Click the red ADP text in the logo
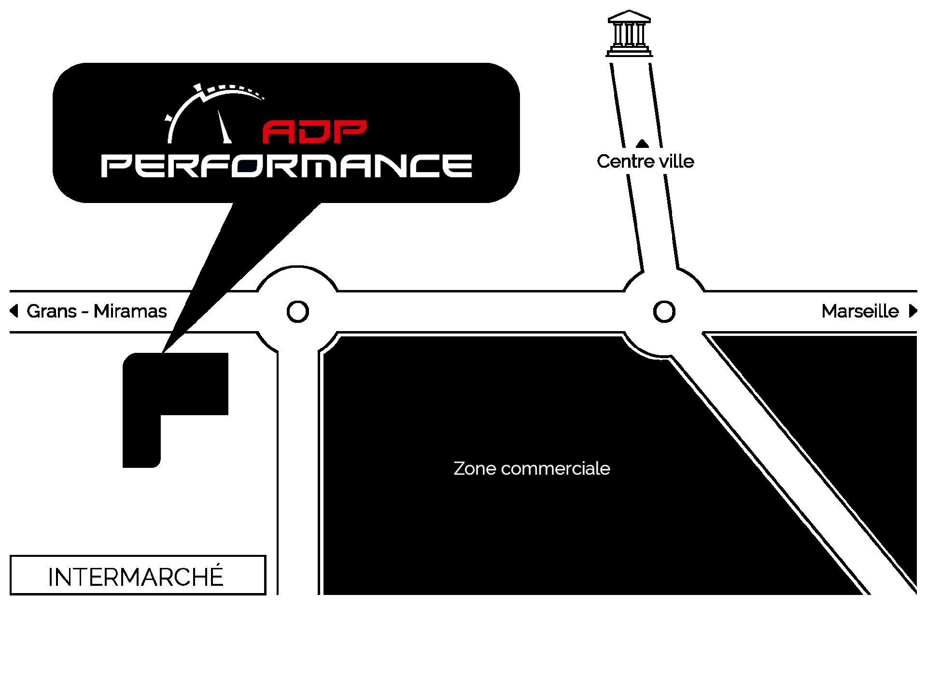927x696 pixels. (314, 132)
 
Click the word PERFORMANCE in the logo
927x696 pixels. (286, 166)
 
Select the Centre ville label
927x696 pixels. (645, 161)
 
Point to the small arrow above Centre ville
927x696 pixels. (642, 143)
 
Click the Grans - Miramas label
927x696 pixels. (97, 311)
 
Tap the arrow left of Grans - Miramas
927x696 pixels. (14, 311)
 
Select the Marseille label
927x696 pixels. (860, 311)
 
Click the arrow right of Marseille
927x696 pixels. (913, 311)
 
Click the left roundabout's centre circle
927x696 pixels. (297, 311)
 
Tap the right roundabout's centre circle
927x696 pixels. (664, 311)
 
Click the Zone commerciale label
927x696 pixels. (532, 468)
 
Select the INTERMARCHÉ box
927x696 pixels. (138, 575)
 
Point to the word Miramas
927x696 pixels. (130, 311)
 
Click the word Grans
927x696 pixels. (52, 311)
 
